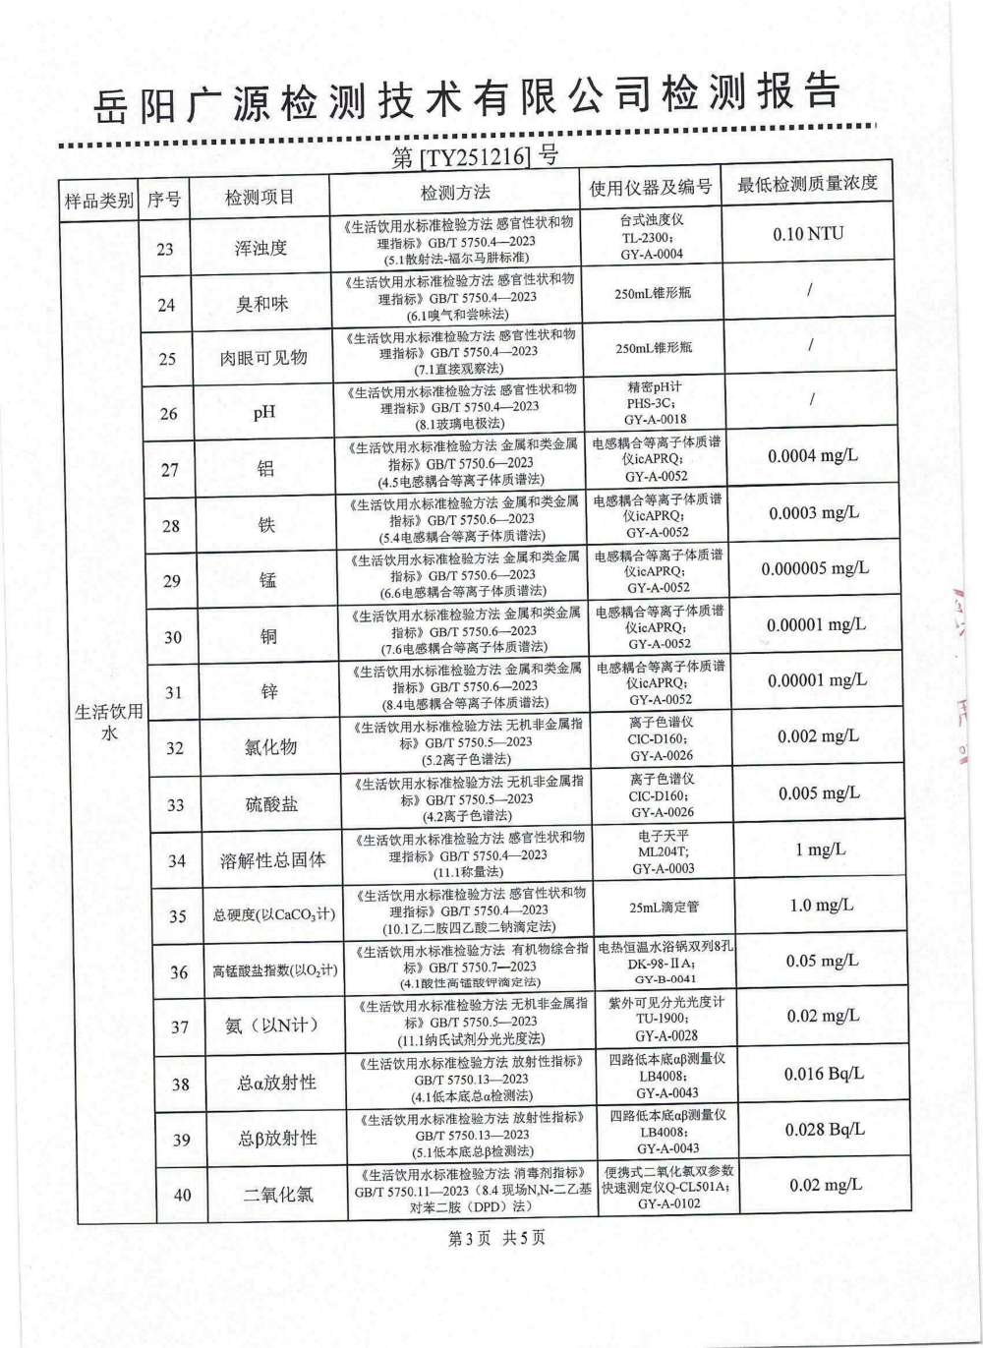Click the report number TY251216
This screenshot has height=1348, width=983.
click(x=475, y=157)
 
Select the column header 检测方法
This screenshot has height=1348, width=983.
click(x=455, y=193)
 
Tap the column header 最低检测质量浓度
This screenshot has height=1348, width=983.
click(x=807, y=184)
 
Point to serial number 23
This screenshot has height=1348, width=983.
click(x=165, y=249)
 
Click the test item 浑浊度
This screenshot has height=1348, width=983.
click(x=260, y=248)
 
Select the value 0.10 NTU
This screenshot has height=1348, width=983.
click(x=808, y=234)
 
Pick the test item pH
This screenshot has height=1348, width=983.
click(x=263, y=413)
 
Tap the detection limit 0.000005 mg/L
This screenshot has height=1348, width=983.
click(x=815, y=568)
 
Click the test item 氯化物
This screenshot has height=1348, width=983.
click(x=270, y=747)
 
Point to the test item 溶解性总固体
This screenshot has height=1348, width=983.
click(x=273, y=860)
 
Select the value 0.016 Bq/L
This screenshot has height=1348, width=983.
click(x=824, y=1074)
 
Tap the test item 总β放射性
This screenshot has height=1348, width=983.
click(x=277, y=1139)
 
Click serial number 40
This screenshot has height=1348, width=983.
click(x=182, y=1196)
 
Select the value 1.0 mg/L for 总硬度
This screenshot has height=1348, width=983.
click(x=822, y=906)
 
